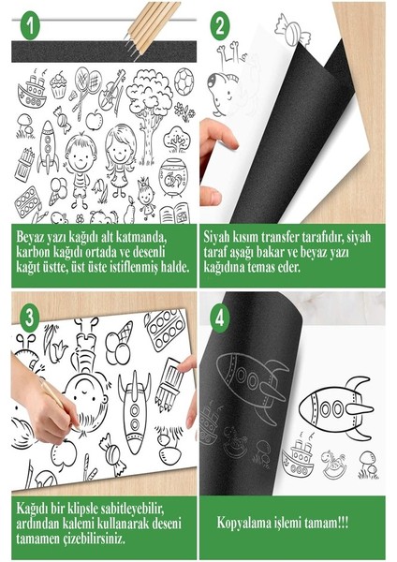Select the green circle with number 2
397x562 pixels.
click(220, 25)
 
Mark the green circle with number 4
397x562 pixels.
click(221, 316)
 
